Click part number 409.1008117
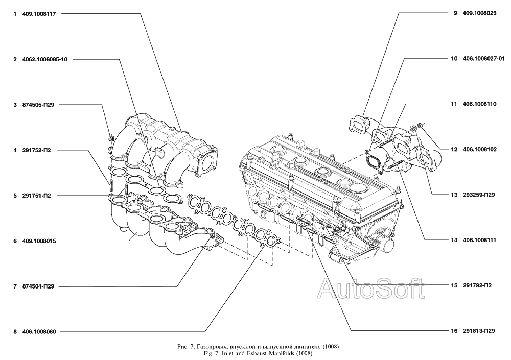pos(39,14)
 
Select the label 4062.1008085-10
pos(45,59)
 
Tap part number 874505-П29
pos(38,105)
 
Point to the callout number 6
pos(15,241)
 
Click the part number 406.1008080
pos(39,331)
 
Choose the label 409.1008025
pos(479,14)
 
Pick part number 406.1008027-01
pos(483,59)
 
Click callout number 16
pos(454,331)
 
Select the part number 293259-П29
pos(479,195)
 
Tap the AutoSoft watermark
pos(371,289)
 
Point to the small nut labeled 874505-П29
pos(110,139)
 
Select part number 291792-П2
pos(477,286)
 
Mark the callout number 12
pos(454,150)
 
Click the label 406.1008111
pos(479,240)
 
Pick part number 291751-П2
pos(36,196)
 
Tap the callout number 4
pos(15,150)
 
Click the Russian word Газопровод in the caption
pos(213,346)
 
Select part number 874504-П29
pos(38,286)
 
